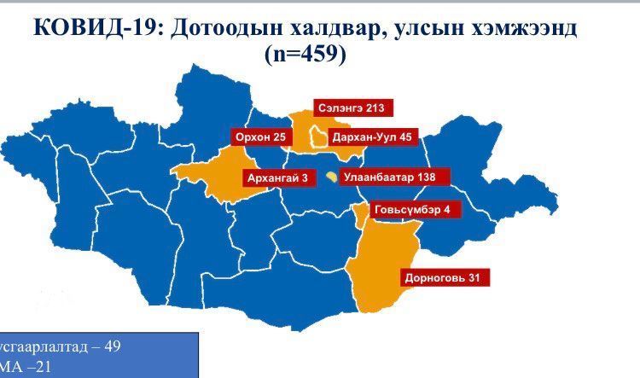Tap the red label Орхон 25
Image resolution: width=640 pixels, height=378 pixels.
pyautogui.click(x=259, y=137)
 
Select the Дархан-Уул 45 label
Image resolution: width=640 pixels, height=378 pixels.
pyautogui.click(x=372, y=137)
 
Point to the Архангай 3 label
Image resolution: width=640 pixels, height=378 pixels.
pyautogui.click(x=276, y=178)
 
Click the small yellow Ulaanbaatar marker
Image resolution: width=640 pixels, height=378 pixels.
pyautogui.click(x=332, y=177)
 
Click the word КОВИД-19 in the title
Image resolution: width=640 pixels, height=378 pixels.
pyautogui.click(x=95, y=27)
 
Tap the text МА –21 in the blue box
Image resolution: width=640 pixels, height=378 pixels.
pyautogui.click(x=21, y=368)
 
